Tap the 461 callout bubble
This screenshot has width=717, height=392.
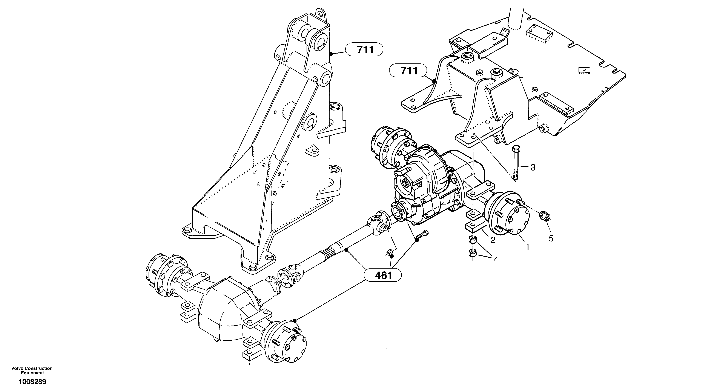(x=384, y=275)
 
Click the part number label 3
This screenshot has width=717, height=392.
(x=533, y=167)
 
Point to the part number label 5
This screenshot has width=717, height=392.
(x=551, y=238)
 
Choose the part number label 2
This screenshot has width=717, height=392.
(x=493, y=240)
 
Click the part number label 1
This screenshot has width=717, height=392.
(x=527, y=247)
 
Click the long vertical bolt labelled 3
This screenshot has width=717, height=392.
(x=515, y=164)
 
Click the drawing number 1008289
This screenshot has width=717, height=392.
(x=32, y=382)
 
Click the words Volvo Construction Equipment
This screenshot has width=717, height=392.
(x=32, y=370)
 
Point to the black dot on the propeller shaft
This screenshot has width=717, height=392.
(x=346, y=249)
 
